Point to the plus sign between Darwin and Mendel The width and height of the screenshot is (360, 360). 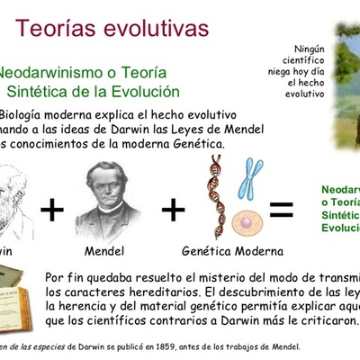[x=52, y=210]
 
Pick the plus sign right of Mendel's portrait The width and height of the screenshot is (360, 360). [x=173, y=210]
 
